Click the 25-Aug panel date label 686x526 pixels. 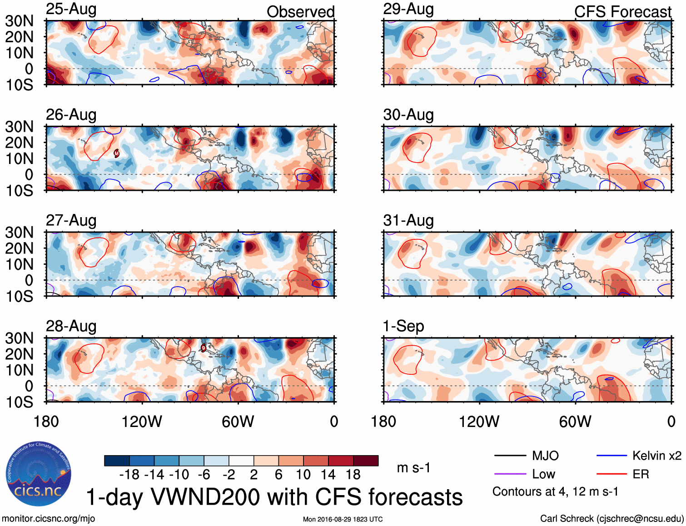click(x=71, y=10)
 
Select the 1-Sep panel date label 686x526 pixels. click(x=403, y=326)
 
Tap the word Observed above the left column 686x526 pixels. click(x=300, y=12)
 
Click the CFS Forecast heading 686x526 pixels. click(x=622, y=12)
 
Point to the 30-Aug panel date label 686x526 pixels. click(x=408, y=115)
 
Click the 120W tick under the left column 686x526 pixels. click(x=142, y=422)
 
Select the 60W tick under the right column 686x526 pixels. click(x=575, y=422)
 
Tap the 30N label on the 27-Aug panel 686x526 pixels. click(x=20, y=233)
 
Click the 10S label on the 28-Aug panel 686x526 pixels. click(x=20, y=402)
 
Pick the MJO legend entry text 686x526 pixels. click(x=545, y=456)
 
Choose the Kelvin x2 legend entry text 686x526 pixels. click(x=656, y=456)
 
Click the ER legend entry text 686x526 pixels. click(x=641, y=474)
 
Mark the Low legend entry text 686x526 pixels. click(x=543, y=474)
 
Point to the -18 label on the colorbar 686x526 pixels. click(x=129, y=475)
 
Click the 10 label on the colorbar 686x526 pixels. click(x=303, y=475)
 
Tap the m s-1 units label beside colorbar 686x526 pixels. click(x=413, y=467)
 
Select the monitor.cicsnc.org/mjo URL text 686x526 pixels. click(x=49, y=519)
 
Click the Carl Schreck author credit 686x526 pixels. click(x=611, y=519)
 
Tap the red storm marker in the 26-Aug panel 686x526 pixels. click(x=116, y=154)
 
